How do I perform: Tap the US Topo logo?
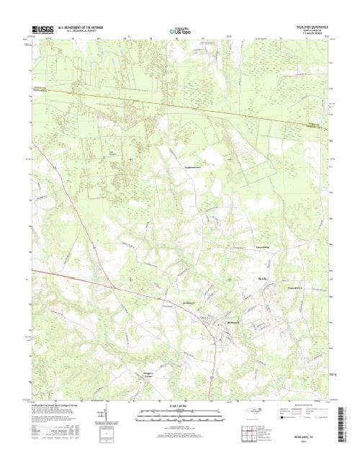pos(180,32)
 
